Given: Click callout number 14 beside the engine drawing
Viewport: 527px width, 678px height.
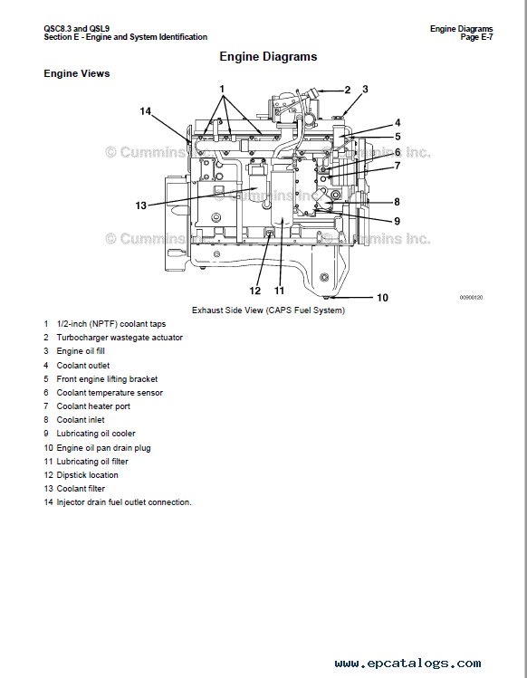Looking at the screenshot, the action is (145, 111).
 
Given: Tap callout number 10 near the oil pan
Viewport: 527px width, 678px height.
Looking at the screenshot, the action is (382, 298).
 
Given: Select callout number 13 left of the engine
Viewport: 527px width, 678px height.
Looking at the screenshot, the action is (141, 205).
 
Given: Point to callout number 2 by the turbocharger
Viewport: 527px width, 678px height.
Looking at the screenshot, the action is (348, 90).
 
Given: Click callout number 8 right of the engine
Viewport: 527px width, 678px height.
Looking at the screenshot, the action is (397, 202).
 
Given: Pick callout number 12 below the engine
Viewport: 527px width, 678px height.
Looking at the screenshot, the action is (254, 291).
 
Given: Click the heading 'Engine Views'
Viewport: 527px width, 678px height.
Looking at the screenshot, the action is (77, 73).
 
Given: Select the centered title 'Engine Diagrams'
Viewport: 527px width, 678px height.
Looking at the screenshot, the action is (268, 57).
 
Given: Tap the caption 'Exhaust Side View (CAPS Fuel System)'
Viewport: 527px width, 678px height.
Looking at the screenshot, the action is (268, 310).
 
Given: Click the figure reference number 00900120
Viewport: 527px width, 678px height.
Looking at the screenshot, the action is (471, 298).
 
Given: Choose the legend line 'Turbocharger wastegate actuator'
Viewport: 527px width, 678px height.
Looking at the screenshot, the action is (120, 338).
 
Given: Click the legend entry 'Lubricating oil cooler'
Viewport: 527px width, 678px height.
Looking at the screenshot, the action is (96, 434).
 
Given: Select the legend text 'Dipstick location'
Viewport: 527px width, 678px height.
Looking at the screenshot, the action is (87, 474).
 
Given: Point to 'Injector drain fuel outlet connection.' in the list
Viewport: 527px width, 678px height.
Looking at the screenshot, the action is (124, 502).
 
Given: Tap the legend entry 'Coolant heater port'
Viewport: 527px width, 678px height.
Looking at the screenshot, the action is (93, 406).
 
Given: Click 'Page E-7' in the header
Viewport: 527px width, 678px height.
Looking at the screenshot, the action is (476, 37).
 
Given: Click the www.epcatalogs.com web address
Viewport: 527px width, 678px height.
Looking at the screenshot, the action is (407, 664).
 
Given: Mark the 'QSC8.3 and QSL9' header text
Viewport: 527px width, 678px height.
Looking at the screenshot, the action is (77, 29).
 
